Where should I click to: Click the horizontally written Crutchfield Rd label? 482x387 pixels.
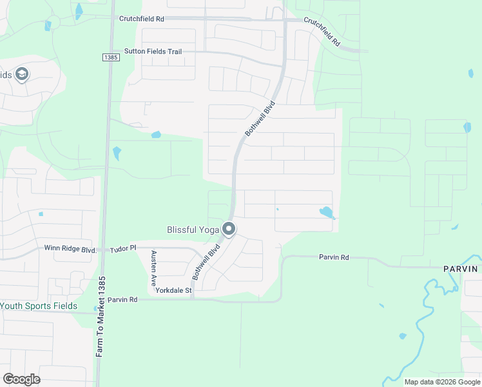[x=142, y=19]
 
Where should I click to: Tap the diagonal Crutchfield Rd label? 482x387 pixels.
[x=322, y=32]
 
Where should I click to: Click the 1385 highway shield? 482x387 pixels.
[x=111, y=57]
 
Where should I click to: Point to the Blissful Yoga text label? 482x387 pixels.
[x=193, y=229]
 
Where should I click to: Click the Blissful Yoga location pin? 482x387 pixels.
[x=229, y=229]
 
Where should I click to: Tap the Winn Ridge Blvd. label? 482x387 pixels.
[x=70, y=249]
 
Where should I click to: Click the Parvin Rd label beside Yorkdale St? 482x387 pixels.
[x=122, y=300]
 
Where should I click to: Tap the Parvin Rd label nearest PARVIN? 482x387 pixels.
[x=334, y=257]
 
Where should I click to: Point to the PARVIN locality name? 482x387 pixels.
[x=460, y=268]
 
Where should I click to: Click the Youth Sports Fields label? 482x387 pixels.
[x=39, y=306]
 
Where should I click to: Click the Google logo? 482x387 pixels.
[x=21, y=379]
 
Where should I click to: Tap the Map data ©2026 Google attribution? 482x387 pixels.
[x=441, y=382]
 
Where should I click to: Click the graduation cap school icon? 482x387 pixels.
[x=23, y=75]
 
